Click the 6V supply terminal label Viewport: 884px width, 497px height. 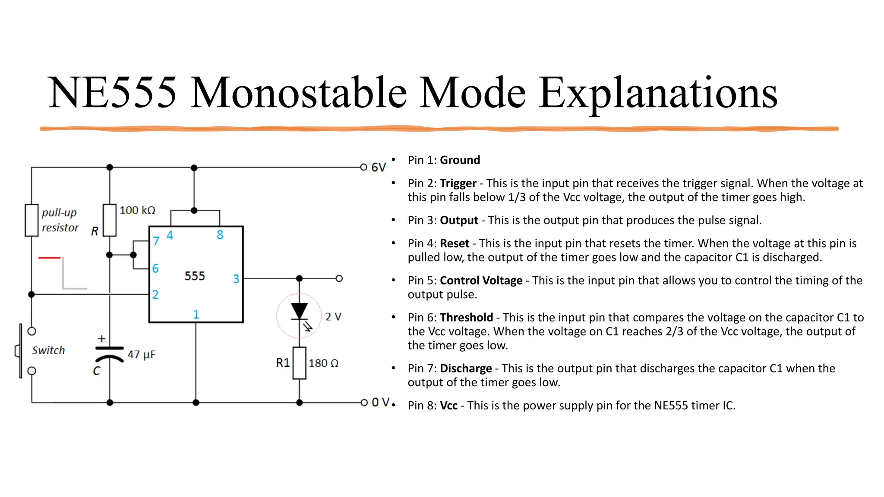coord(378,167)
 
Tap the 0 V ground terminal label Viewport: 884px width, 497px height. coord(381,403)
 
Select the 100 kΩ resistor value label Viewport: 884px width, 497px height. coord(137,210)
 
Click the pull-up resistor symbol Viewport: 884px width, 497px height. coord(32,220)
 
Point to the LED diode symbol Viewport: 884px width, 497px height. coord(299,311)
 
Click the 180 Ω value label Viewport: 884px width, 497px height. coord(323,363)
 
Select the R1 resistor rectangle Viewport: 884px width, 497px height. coord(299,363)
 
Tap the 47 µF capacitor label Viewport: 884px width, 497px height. coord(142,355)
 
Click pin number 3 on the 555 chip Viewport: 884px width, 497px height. coord(236,279)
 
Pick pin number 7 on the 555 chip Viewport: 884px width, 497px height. coord(156,241)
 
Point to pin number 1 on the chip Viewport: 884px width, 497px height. coord(196,314)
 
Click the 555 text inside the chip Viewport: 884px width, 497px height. coord(195,276)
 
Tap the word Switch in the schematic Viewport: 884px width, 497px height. coord(48,350)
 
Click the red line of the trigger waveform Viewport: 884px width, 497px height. coord(49,258)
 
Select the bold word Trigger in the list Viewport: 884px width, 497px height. coord(458,183)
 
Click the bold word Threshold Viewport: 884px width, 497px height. coord(466,318)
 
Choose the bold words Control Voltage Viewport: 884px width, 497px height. coord(481,280)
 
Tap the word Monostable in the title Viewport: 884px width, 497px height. coord(299,93)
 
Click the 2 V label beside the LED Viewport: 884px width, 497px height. coord(333,317)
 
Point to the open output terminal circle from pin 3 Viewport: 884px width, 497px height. coord(339,279)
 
